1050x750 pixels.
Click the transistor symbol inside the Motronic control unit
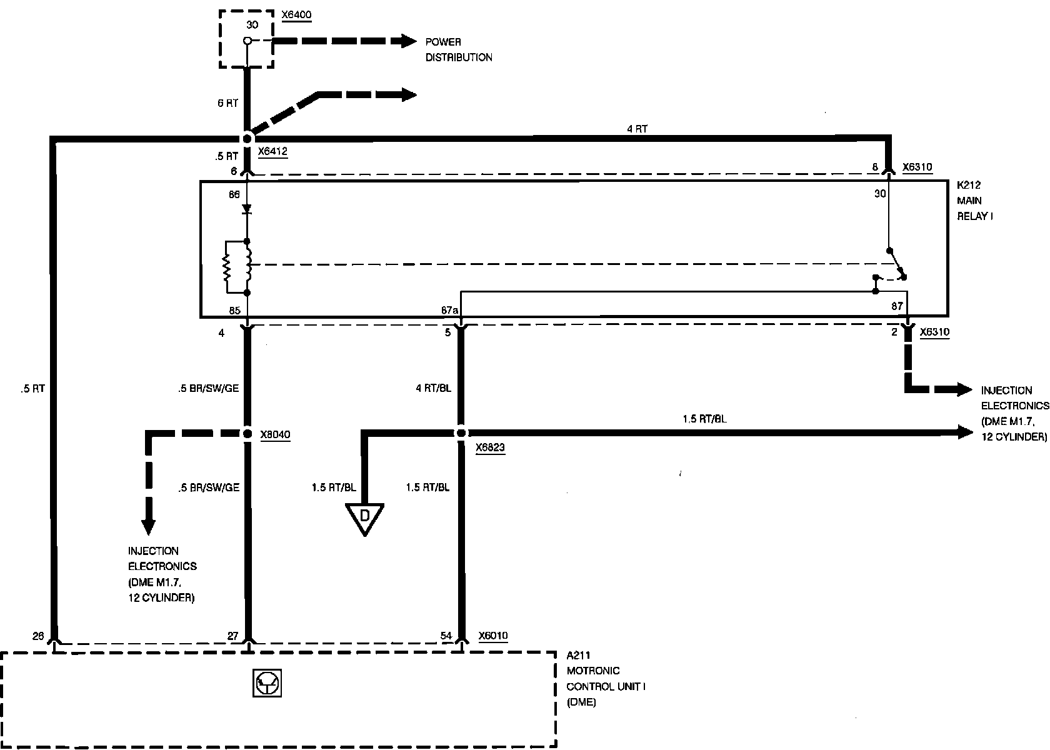pyautogui.click(x=266, y=683)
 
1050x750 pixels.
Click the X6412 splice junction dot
pyautogui.click(x=247, y=138)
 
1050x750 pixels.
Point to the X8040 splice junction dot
pyautogui.click(x=247, y=433)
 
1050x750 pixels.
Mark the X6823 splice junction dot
pyautogui.click(x=461, y=433)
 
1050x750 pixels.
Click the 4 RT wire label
pyautogui.click(x=637, y=129)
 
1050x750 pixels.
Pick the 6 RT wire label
pyautogui.click(x=227, y=103)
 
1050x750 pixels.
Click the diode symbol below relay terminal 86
pyautogui.click(x=247, y=209)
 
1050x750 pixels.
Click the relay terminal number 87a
pyautogui.click(x=449, y=309)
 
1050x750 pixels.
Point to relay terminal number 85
pyautogui.click(x=234, y=309)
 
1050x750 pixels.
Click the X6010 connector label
pyautogui.click(x=493, y=636)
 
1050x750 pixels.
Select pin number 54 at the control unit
pyautogui.click(x=446, y=636)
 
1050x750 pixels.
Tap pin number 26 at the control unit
pyautogui.click(x=38, y=636)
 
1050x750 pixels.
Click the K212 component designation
pyautogui.click(x=969, y=186)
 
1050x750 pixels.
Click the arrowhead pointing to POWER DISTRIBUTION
pyautogui.click(x=409, y=41)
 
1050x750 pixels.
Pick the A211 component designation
pyautogui.click(x=577, y=656)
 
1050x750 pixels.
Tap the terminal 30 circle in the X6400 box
pyautogui.click(x=247, y=41)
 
